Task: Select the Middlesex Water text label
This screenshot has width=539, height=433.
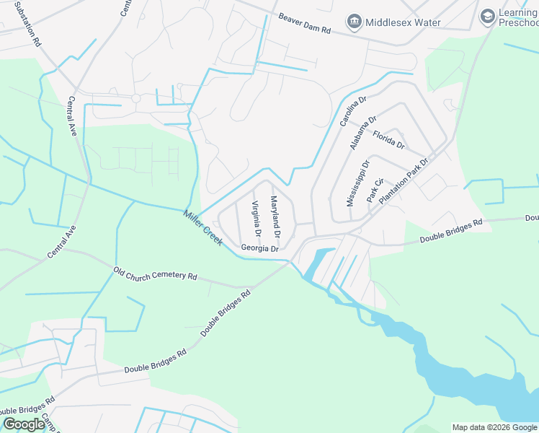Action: [403, 22]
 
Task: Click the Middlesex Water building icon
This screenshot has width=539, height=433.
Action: [354, 22]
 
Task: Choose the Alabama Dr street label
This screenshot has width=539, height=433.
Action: [363, 133]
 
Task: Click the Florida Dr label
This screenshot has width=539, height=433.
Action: [388, 139]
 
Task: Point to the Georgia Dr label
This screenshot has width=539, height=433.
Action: [259, 248]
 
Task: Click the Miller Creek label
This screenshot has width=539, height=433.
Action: [202, 227]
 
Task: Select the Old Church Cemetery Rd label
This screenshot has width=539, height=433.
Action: [155, 274]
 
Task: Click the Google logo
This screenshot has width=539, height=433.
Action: [24, 424]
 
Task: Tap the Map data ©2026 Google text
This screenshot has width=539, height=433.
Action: [494, 427]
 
